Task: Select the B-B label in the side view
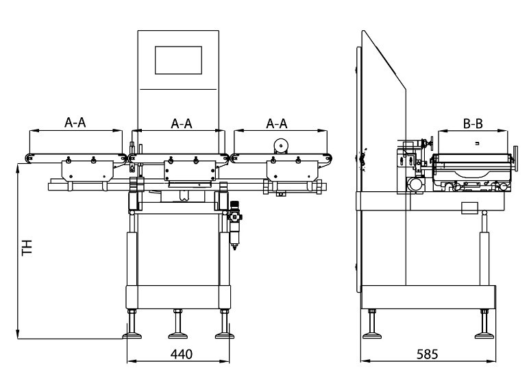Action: tap(473, 124)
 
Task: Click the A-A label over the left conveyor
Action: tap(75, 123)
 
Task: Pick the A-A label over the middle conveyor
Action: tap(181, 123)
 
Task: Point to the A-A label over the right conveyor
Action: tap(276, 123)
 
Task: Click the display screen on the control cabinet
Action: tap(178, 60)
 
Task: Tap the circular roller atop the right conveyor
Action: tap(280, 145)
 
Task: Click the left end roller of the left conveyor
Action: tap(27, 158)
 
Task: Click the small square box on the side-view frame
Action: tap(469, 208)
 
